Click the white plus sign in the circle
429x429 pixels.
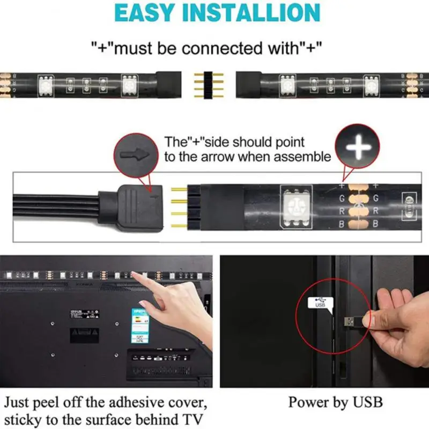pos(357,145)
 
